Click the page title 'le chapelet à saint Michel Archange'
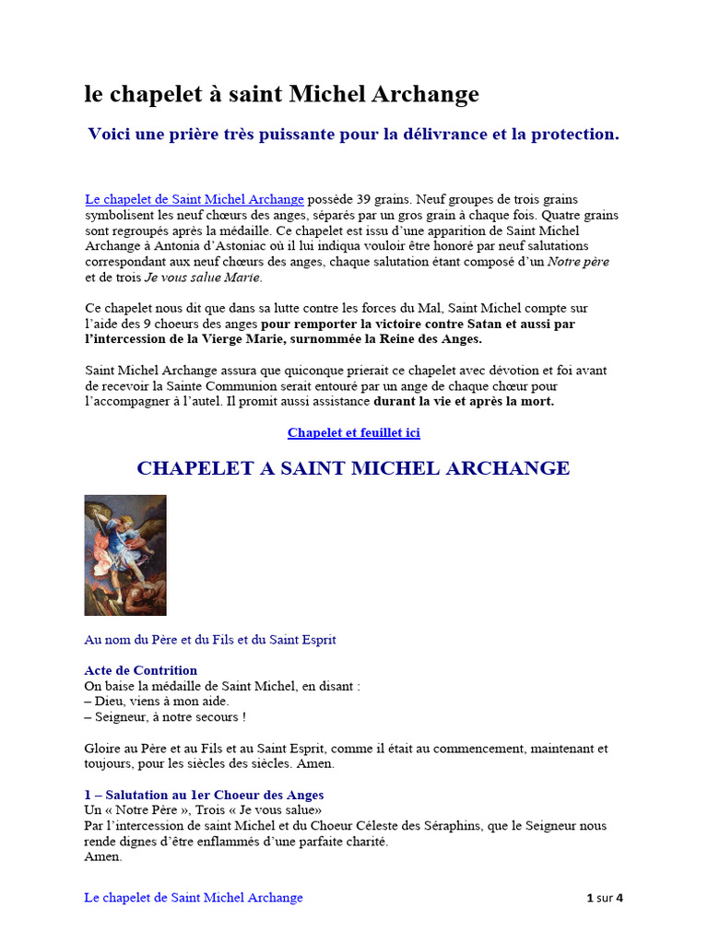click(282, 94)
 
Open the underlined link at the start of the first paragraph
click(195, 199)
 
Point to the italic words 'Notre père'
click(579, 262)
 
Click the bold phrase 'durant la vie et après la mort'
click(463, 402)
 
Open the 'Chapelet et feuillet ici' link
click(354, 432)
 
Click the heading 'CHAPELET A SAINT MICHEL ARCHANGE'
click(353, 468)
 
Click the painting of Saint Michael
click(125, 555)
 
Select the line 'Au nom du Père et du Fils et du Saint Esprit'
click(210, 640)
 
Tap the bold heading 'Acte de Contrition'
click(141, 670)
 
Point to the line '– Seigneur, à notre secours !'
click(165, 717)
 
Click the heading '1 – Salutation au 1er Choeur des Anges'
click(204, 795)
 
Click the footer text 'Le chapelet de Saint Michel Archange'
click(194, 897)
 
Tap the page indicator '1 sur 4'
click(605, 898)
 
